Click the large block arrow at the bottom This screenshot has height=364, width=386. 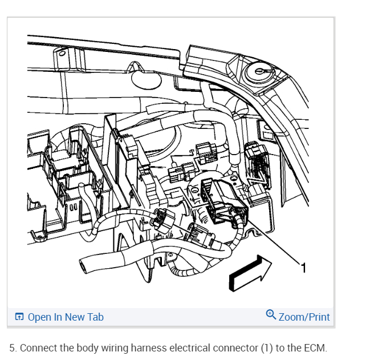[x=249, y=273]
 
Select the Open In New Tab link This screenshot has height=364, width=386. [x=66, y=317]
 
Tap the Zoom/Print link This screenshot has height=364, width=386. [x=304, y=317]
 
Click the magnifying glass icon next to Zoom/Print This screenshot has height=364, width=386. [x=271, y=315]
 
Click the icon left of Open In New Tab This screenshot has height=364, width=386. [x=20, y=317]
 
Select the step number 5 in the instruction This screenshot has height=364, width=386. [x=13, y=348]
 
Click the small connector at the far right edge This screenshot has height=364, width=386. [x=258, y=159]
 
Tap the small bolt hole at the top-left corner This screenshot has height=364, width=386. [x=62, y=55]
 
